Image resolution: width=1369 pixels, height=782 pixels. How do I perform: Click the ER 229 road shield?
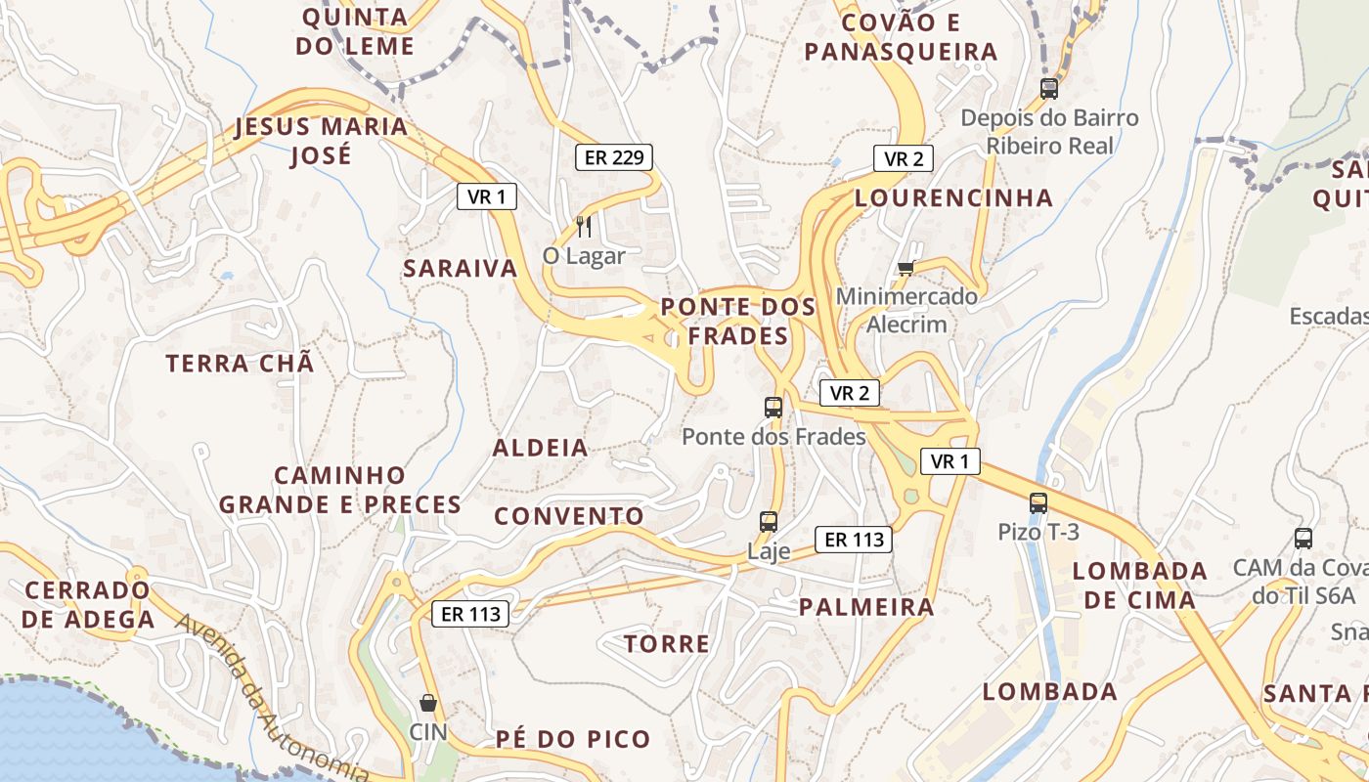coord(613,156)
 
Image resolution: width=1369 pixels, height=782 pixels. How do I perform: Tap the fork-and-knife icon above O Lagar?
coord(584,227)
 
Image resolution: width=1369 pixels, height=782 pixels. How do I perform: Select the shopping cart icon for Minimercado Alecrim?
coord(905,268)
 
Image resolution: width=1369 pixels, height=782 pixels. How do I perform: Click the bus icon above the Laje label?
coord(769,522)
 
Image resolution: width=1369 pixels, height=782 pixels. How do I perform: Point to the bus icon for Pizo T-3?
coord(1038,503)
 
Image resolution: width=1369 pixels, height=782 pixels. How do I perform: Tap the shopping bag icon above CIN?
coord(427,702)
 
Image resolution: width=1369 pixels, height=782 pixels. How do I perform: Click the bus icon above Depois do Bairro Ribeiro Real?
coord(1049,88)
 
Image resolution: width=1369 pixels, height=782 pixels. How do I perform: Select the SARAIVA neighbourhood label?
coord(461,269)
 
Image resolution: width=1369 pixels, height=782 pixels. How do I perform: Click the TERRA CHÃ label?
coord(241,364)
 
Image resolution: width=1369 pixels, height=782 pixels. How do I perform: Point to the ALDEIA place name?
coord(541,448)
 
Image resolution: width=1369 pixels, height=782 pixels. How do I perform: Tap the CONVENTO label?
coord(569,516)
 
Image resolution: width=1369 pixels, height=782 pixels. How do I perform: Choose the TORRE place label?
coord(667,643)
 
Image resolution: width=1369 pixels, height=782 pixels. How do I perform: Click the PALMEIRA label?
coord(866,606)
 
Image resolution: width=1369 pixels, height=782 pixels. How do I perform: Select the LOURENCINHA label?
coord(953,197)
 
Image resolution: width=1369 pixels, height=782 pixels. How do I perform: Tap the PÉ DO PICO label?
coord(572,739)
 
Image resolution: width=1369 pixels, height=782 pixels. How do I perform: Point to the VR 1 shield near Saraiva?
coord(486,196)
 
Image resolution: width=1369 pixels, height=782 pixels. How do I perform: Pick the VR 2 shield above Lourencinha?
coord(903,158)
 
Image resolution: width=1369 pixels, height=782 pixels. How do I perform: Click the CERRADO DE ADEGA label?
coord(88,604)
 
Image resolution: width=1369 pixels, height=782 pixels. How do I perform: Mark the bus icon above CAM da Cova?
coord(1303,538)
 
